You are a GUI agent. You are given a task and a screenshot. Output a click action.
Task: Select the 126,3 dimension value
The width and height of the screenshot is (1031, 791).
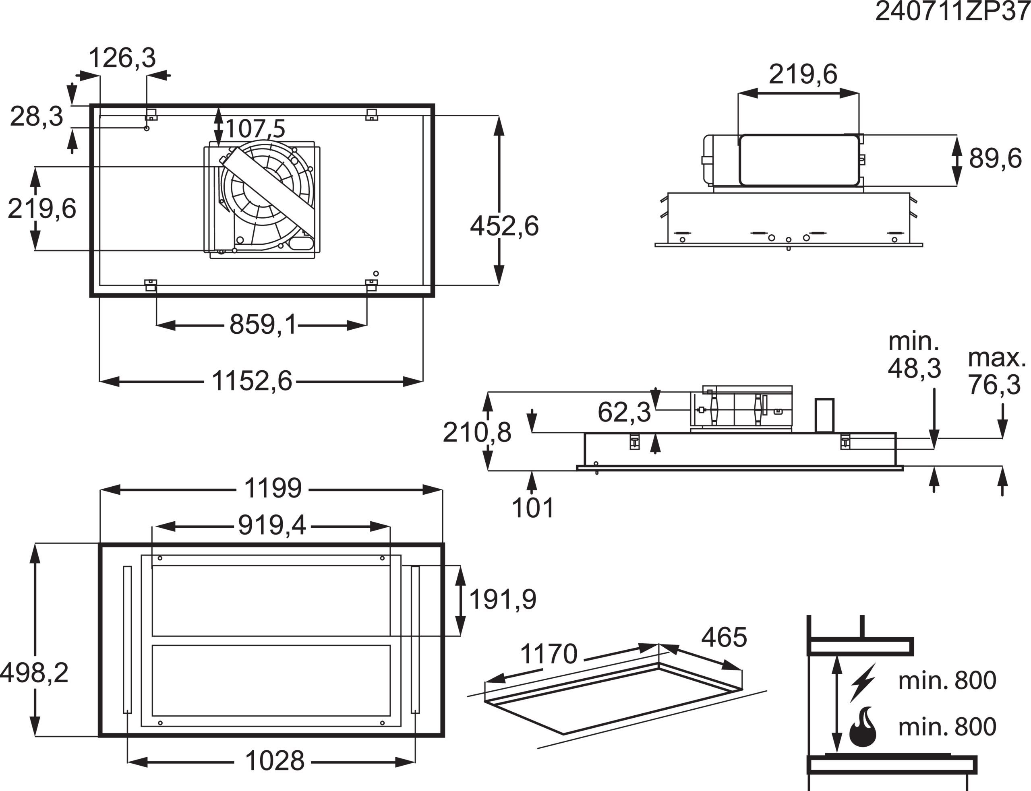click(122, 58)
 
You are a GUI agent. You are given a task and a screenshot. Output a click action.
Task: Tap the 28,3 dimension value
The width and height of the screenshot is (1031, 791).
click(37, 116)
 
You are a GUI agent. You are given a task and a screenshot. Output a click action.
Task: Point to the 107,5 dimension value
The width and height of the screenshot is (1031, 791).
click(256, 128)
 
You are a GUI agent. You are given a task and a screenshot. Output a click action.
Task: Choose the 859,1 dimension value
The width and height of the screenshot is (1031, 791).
click(263, 325)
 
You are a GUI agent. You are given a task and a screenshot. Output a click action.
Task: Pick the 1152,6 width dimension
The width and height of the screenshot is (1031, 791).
click(252, 381)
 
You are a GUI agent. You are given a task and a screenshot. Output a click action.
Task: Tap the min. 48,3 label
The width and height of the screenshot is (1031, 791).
click(914, 355)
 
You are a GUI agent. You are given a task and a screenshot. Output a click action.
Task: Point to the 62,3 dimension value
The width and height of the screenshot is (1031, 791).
click(624, 413)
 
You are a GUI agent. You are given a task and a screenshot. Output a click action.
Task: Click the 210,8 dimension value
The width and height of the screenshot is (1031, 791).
click(477, 433)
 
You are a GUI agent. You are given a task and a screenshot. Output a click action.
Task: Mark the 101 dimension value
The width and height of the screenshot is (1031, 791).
click(533, 508)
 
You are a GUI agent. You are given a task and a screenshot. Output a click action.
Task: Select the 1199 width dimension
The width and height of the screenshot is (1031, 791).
click(273, 488)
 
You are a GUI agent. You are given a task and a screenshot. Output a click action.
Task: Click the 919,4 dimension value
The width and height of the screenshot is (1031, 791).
click(272, 525)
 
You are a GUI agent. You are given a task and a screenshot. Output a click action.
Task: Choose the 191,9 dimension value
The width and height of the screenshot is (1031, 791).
click(503, 600)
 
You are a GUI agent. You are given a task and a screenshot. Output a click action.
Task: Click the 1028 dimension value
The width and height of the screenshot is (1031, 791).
click(275, 761)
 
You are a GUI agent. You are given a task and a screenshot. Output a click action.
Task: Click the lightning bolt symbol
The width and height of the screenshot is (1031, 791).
click(864, 682)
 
